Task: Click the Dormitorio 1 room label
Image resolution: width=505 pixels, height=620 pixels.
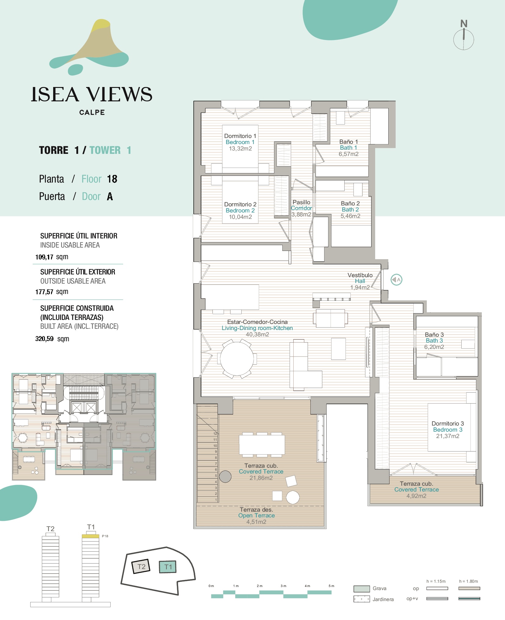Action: click(x=240, y=136)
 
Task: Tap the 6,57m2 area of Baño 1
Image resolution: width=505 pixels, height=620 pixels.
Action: click(x=348, y=154)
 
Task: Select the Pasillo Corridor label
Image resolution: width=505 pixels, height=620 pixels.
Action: click(x=301, y=205)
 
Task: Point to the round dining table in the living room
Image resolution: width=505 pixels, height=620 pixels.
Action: click(x=237, y=359)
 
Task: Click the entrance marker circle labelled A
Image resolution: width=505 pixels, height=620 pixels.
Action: click(x=397, y=280)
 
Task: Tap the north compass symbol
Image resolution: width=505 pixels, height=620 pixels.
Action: click(x=464, y=36)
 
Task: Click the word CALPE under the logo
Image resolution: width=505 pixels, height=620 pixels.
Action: click(x=92, y=112)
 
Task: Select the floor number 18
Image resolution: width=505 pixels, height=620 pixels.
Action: click(x=112, y=179)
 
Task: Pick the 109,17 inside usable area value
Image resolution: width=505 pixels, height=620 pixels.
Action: click(x=44, y=257)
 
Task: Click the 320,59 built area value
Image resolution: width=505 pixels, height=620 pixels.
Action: click(x=44, y=339)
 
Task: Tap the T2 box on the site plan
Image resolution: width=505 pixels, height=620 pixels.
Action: click(x=141, y=567)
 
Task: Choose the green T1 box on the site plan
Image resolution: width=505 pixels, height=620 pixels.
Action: click(x=168, y=567)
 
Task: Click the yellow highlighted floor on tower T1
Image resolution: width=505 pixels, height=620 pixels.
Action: click(x=90, y=536)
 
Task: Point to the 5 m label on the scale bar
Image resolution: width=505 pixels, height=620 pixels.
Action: click(x=331, y=586)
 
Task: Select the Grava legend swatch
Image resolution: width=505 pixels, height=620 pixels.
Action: click(x=361, y=589)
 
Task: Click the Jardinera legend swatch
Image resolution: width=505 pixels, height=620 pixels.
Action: click(x=361, y=599)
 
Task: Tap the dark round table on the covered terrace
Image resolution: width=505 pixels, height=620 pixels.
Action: click(x=225, y=477)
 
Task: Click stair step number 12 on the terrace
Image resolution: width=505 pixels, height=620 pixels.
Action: click(x=215, y=433)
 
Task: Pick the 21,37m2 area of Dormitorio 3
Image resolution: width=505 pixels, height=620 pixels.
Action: click(x=448, y=436)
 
